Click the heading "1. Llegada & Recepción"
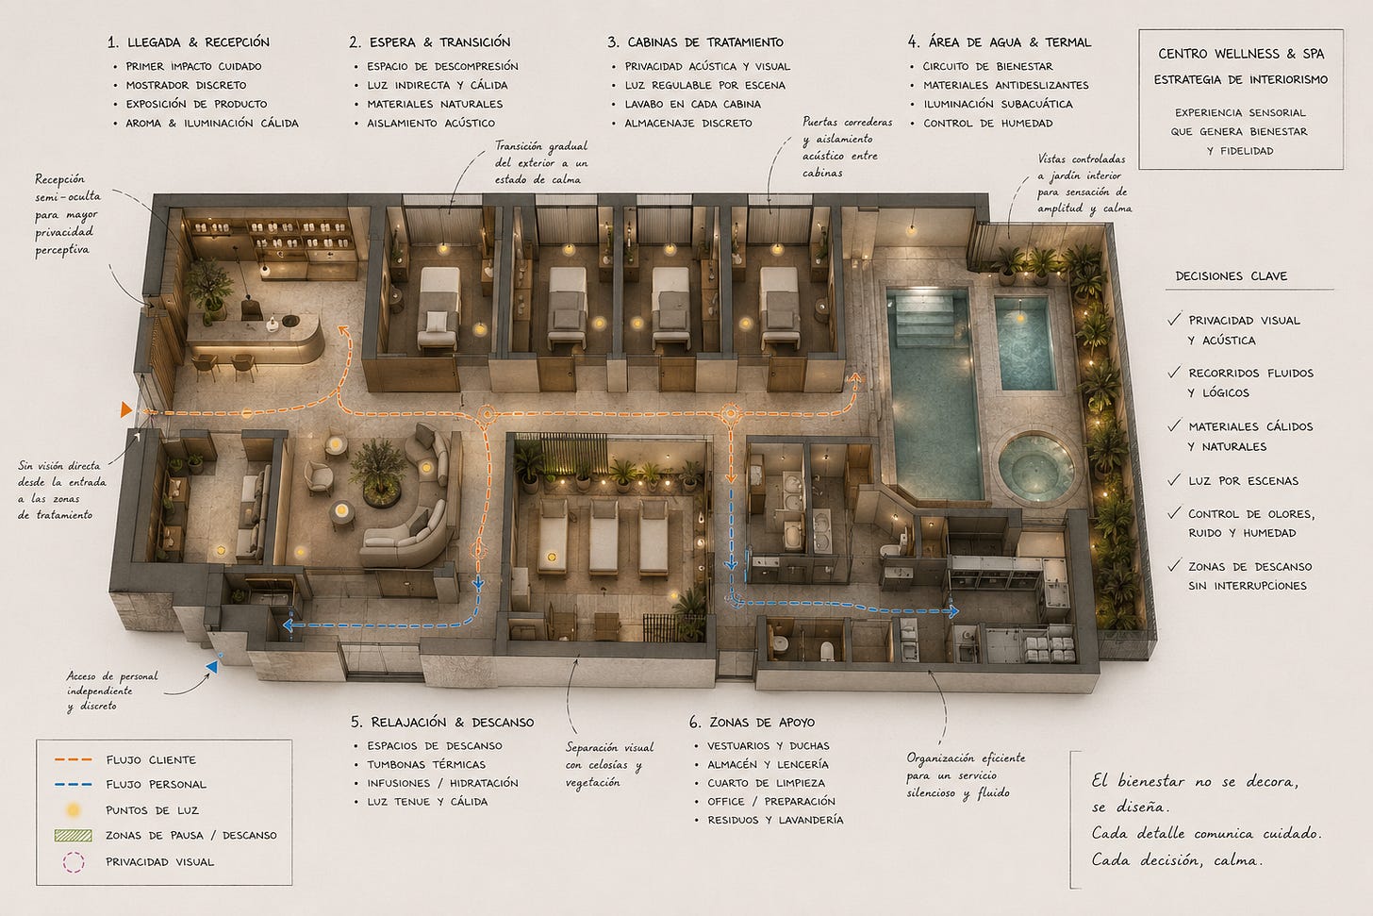click(189, 42)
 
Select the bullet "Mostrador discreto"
click(186, 85)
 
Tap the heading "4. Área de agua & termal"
click(1000, 42)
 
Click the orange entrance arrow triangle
click(125, 409)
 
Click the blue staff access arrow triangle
click(212, 666)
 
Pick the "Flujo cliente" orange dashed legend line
click(73, 759)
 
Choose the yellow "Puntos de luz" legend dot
click(73, 810)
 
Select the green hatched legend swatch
click(73, 835)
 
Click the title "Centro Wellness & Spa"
click(1241, 54)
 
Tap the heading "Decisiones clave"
click(1231, 276)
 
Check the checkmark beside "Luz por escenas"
click(1174, 479)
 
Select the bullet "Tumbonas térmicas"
click(426, 764)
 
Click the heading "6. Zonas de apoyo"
click(753, 723)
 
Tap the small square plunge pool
click(1024, 343)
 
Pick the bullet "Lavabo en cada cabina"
click(692, 104)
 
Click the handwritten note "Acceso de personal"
click(112, 676)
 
